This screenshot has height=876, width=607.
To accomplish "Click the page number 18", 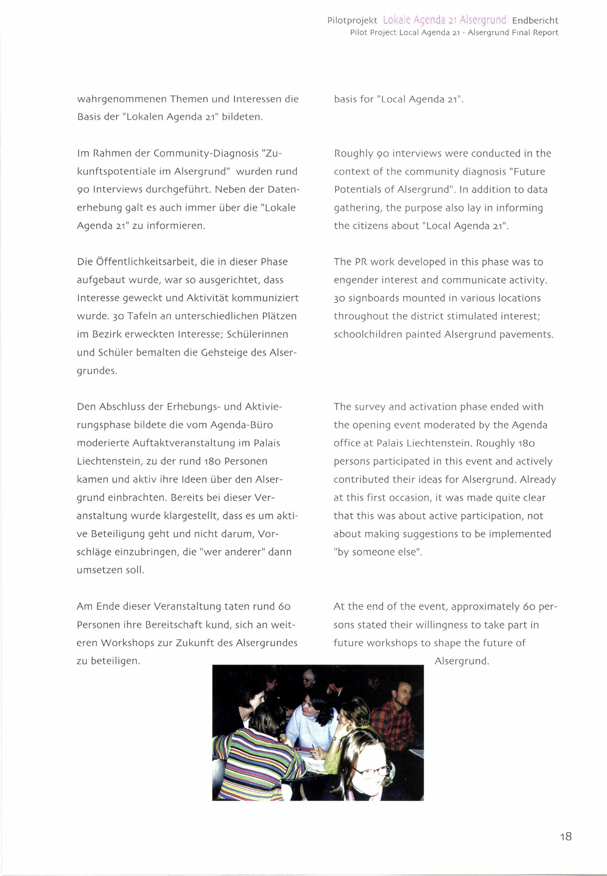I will (565, 836).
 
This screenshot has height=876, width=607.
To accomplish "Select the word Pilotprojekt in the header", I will (352, 21).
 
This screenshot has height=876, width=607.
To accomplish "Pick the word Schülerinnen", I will (257, 334).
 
